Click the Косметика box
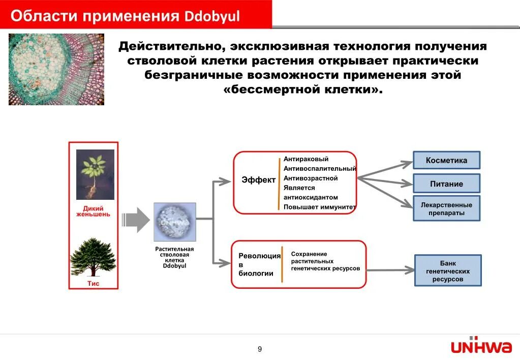click(446, 160)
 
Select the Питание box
click(446, 184)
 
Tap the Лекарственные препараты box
click(446, 208)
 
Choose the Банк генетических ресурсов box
click(448, 271)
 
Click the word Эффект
click(258, 180)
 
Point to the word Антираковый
click(306, 159)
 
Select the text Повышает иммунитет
click(319, 207)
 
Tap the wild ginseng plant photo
click(95, 174)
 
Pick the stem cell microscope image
click(174, 222)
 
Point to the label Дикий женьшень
click(93, 211)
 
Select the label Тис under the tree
click(94, 284)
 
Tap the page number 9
click(260, 349)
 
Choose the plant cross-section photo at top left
click(56, 69)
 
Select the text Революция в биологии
click(259, 264)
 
